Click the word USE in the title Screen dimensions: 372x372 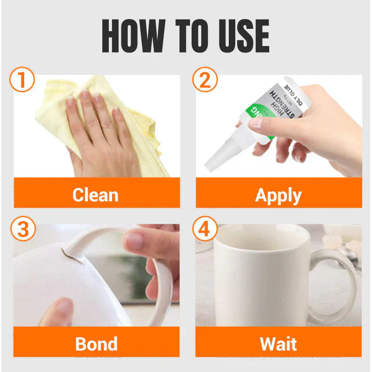241,37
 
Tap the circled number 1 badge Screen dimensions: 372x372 22,80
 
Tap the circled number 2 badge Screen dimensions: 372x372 205,80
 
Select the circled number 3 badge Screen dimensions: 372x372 22,230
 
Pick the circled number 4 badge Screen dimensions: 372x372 205,230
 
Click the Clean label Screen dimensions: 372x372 95,195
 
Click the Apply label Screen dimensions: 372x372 278,195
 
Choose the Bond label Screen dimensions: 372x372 96,344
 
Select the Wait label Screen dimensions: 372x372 278,344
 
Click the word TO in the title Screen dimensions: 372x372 190,37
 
